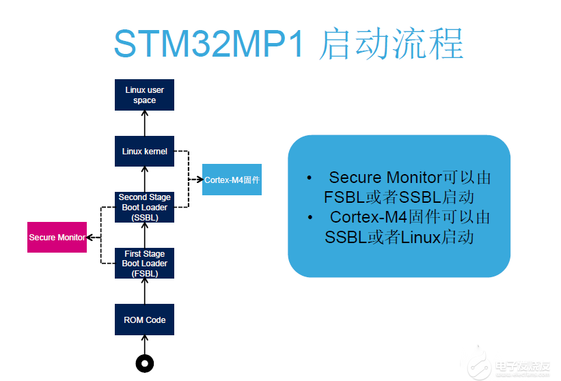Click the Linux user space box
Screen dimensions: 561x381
click(x=144, y=95)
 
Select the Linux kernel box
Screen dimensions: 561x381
click(x=144, y=151)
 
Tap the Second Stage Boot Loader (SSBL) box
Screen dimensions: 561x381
click(x=144, y=208)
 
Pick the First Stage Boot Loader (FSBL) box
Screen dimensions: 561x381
click(x=144, y=264)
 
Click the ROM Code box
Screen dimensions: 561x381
click(x=144, y=320)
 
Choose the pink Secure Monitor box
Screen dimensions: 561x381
click(x=57, y=238)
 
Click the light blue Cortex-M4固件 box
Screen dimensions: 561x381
click(x=232, y=180)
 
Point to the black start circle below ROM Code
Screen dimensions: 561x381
click(x=145, y=363)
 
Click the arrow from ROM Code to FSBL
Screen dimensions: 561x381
click(x=145, y=291)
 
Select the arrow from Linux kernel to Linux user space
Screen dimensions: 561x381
click(x=145, y=123)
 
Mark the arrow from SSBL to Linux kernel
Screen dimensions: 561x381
click(x=145, y=179)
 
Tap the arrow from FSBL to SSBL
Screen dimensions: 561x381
click(x=145, y=235)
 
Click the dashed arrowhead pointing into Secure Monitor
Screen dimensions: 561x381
click(x=90, y=238)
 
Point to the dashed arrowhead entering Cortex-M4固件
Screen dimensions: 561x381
click(x=200, y=180)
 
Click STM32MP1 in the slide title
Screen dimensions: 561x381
click(x=209, y=44)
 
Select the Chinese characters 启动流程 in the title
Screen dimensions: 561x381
click(x=392, y=44)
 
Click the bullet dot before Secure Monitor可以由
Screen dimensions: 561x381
click(x=310, y=178)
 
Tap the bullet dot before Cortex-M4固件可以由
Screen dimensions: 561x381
click(x=310, y=217)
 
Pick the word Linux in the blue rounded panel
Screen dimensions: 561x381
click(x=420, y=238)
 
